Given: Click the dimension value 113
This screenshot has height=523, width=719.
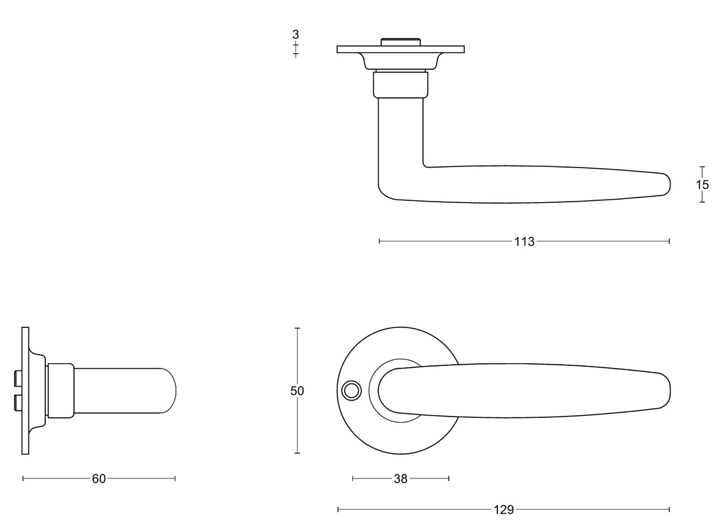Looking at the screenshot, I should [524, 242].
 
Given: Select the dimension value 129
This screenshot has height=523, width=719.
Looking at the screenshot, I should [504, 510].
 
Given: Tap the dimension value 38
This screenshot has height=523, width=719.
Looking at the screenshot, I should [401, 478].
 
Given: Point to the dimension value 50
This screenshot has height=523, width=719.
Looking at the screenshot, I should [297, 391].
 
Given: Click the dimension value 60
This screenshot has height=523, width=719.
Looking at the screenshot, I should [99, 478].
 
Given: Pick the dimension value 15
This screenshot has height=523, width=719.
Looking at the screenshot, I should [702, 184].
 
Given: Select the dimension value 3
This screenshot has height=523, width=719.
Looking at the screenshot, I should [296, 35].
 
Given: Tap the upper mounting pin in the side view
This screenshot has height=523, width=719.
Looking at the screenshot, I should [17, 379].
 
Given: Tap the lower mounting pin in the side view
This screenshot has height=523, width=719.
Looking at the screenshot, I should [17, 403].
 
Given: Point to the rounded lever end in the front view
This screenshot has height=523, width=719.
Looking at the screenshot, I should [662, 391].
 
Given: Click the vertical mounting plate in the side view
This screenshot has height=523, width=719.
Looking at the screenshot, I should [25, 391].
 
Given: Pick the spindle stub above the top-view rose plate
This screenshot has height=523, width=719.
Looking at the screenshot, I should [400, 42].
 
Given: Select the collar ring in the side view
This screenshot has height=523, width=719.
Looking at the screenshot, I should [59, 391].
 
